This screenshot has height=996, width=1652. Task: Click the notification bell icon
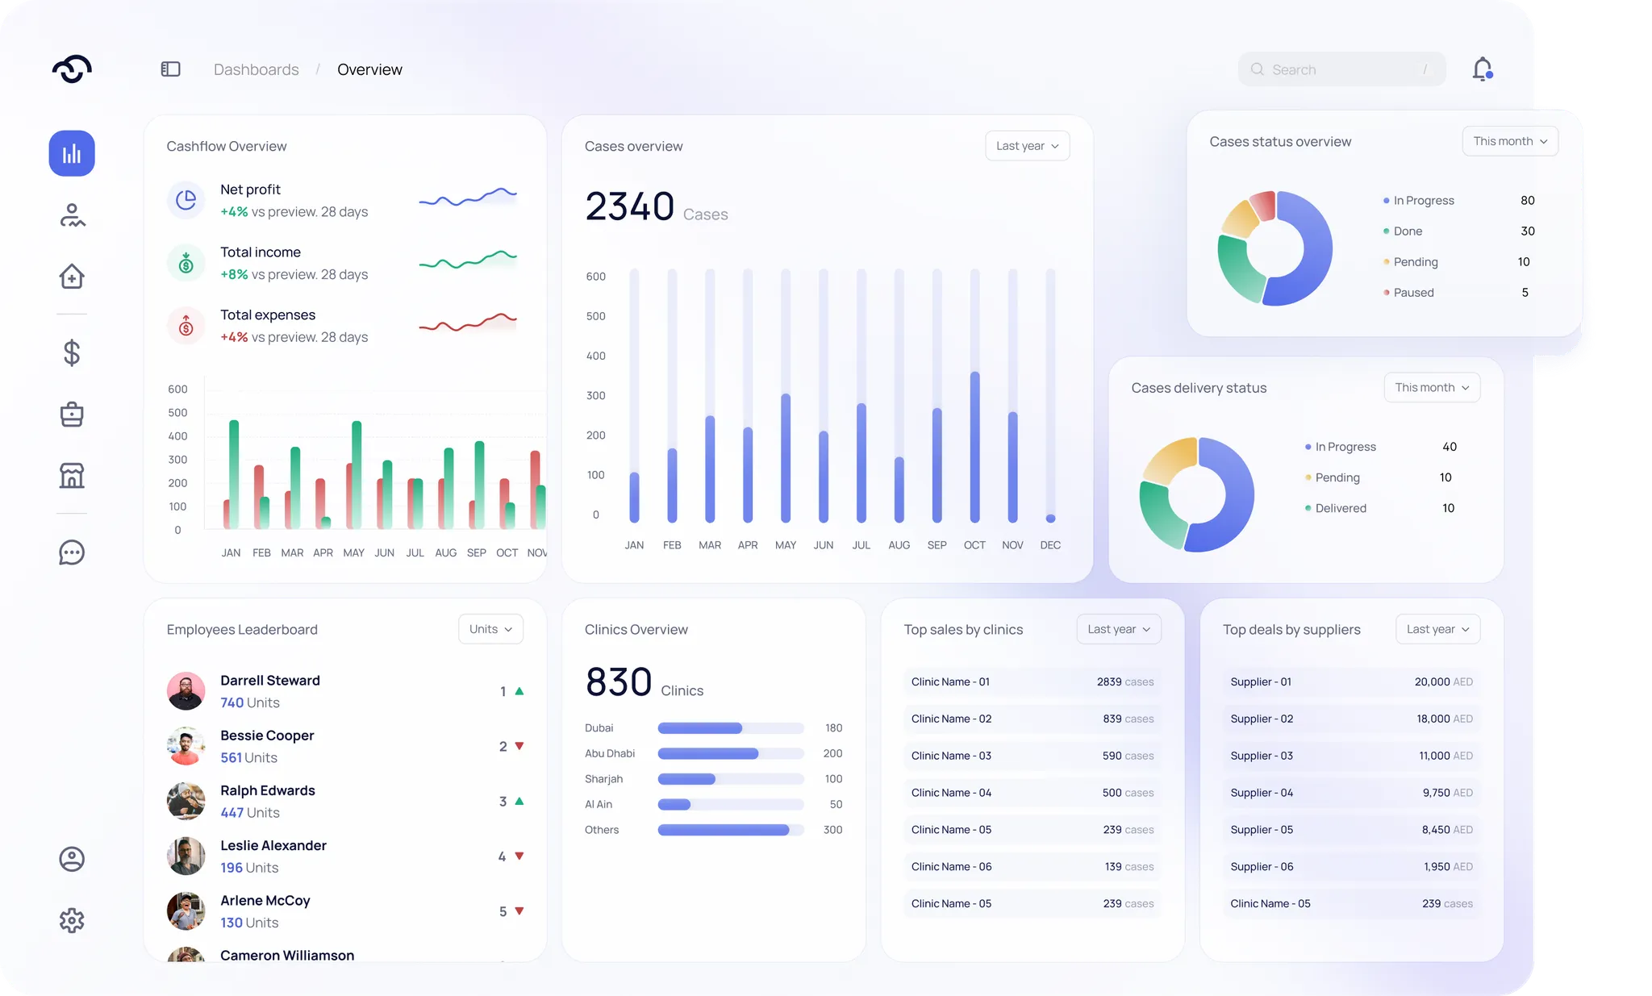(x=1483, y=69)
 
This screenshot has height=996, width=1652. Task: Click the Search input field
(x=1341, y=69)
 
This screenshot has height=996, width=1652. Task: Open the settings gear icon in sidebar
(x=72, y=920)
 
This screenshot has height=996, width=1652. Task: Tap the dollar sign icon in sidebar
(x=72, y=353)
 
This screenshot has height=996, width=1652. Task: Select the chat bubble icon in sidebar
(x=72, y=552)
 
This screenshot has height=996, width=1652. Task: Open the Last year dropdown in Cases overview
(x=1027, y=146)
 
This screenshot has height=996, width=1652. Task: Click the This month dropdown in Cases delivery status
(x=1432, y=388)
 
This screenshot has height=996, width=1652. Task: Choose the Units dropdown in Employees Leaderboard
(x=490, y=629)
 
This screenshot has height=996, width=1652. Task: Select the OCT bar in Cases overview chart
(x=974, y=447)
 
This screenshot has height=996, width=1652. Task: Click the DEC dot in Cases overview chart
(x=1050, y=519)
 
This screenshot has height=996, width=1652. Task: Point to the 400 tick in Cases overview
(x=596, y=356)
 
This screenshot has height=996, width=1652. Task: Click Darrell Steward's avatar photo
(x=186, y=691)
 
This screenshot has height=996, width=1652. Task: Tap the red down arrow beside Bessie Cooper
(x=519, y=746)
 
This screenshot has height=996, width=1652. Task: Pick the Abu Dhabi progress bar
(x=708, y=753)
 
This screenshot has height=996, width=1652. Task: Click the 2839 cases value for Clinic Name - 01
(x=1125, y=681)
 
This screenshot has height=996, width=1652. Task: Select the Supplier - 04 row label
(x=1262, y=793)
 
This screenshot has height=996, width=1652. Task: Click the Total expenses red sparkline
(x=468, y=323)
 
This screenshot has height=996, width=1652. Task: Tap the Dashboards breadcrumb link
(x=256, y=69)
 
